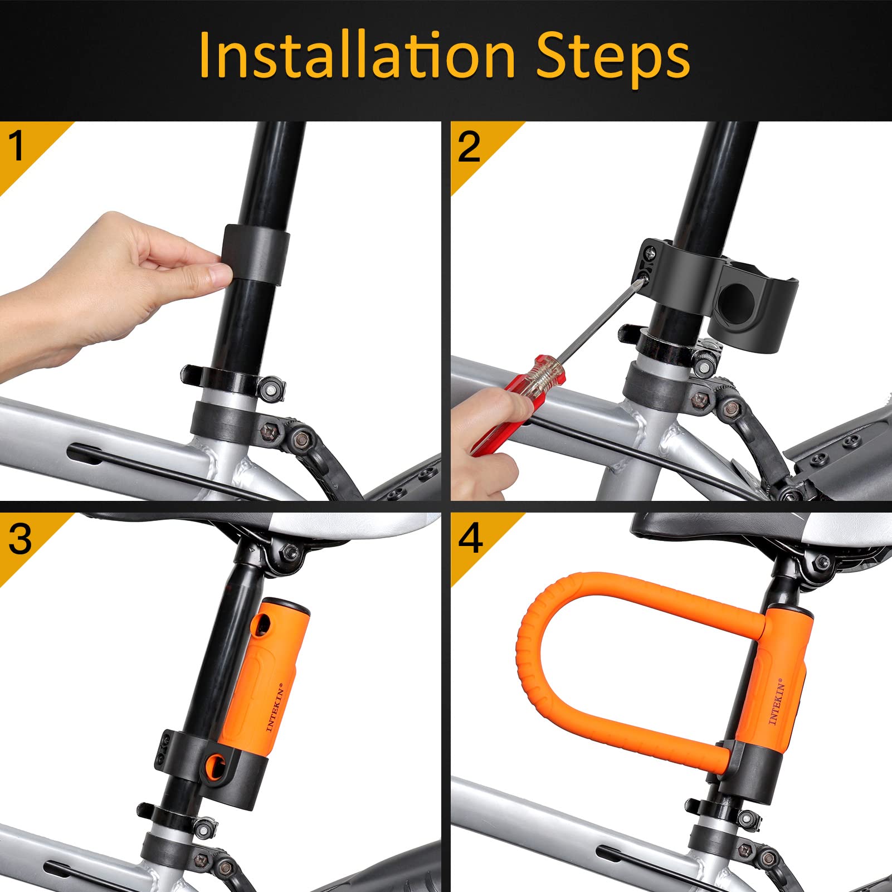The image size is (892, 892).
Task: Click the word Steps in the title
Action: pos(613,56)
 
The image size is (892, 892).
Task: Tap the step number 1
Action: pos(17,146)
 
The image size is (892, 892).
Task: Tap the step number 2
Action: pos(469,147)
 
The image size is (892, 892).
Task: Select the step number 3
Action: pos(20,539)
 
